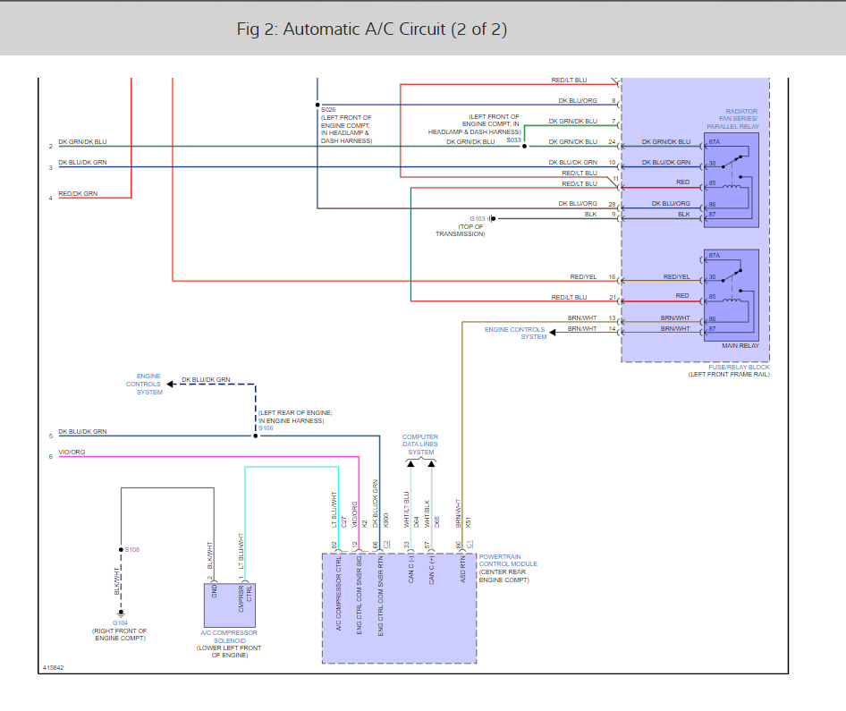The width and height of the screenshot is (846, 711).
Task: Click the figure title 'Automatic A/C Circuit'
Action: click(365, 30)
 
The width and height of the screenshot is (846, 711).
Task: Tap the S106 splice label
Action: click(266, 428)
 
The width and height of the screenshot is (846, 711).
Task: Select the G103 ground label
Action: click(478, 218)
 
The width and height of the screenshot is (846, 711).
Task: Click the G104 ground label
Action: click(121, 623)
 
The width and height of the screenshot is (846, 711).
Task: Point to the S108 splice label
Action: click(132, 550)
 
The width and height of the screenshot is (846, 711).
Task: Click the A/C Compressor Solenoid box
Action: click(229, 605)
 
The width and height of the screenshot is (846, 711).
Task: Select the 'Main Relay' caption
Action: click(740, 346)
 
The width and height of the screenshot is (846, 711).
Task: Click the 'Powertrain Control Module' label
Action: click(508, 561)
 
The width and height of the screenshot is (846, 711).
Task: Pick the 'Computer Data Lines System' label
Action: click(420, 444)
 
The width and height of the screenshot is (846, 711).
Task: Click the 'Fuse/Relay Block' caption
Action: click(740, 368)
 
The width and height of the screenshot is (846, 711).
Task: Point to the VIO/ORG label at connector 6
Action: click(72, 452)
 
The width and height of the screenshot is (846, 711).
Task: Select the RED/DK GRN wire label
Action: click(78, 194)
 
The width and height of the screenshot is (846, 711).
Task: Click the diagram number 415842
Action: click(53, 668)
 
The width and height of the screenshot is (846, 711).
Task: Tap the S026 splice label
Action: click(328, 109)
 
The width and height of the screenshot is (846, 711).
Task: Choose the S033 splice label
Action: click(513, 140)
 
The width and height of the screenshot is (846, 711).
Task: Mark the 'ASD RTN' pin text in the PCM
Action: click(462, 570)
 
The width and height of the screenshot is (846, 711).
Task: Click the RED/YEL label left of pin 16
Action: click(583, 276)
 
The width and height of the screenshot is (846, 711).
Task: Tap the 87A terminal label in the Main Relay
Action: click(715, 256)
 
